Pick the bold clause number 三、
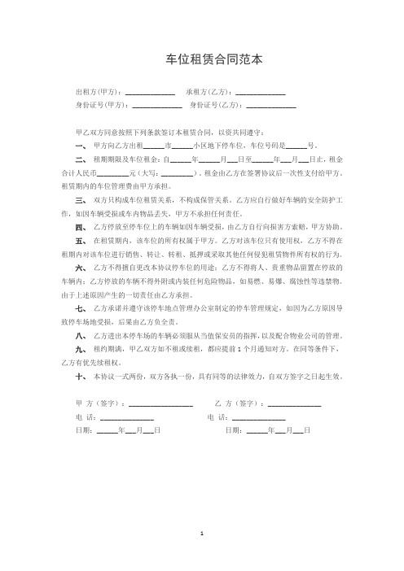[x=80, y=198]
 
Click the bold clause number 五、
[x=80, y=233]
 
